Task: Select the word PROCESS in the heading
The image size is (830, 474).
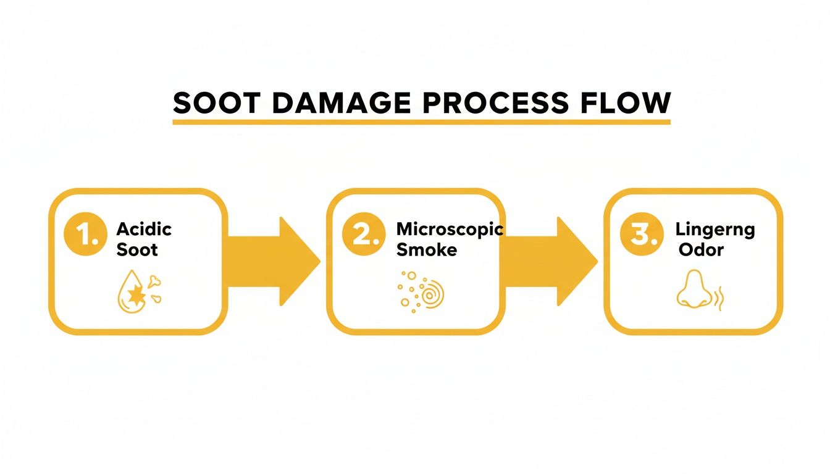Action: (x=494, y=102)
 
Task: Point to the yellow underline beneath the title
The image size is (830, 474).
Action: (x=421, y=122)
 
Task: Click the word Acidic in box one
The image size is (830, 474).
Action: (x=144, y=229)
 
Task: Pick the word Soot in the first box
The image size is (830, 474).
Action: (x=137, y=249)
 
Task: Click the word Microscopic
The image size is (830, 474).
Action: (x=450, y=229)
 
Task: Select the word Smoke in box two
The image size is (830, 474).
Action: (x=427, y=249)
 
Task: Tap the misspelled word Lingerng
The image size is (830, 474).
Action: (x=715, y=230)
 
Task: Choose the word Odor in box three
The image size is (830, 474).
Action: (x=701, y=250)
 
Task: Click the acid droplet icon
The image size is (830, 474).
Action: (x=131, y=292)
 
